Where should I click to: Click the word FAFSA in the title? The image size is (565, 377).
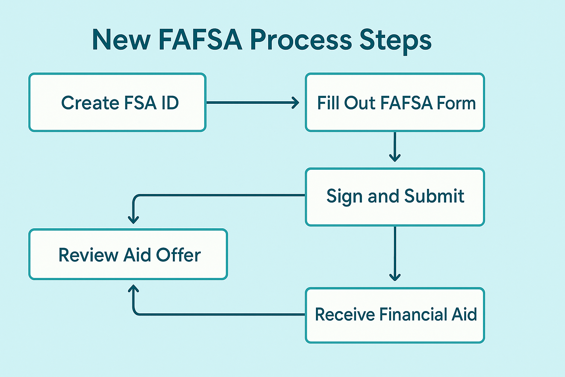click(200, 40)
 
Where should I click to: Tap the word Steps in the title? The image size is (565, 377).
click(395, 41)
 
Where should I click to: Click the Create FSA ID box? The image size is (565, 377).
click(117, 102)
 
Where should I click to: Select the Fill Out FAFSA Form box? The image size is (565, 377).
click(395, 102)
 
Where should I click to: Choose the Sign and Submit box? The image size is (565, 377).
click(395, 197)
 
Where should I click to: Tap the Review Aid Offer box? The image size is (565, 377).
click(128, 254)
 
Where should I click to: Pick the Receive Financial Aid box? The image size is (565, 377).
click(395, 315)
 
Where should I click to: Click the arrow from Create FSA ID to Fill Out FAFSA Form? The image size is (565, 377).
click(253, 102)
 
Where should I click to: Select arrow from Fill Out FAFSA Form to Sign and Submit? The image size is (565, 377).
click(395, 147)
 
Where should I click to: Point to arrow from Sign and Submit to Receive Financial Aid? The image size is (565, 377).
click(395, 254)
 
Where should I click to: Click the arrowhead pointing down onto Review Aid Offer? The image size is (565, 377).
click(134, 220)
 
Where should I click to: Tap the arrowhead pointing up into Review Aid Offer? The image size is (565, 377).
click(134, 289)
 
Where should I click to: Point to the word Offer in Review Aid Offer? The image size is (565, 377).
click(178, 255)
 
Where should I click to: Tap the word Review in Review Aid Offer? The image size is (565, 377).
click(88, 255)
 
